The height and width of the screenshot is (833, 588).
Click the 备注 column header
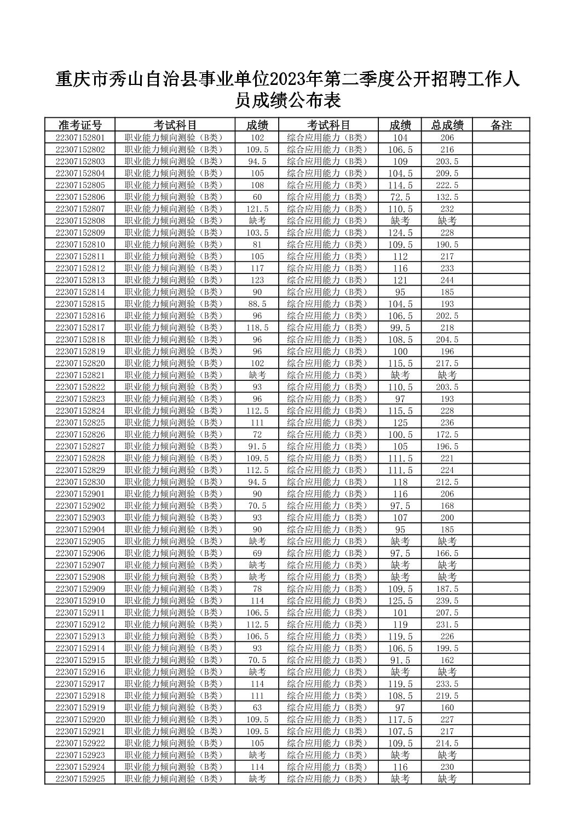pyautogui.click(x=501, y=125)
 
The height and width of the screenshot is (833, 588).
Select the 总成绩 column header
pyautogui.click(x=447, y=125)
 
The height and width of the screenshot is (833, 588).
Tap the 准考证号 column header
pyautogui.click(x=80, y=125)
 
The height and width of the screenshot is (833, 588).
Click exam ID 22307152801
pyautogui.click(x=80, y=138)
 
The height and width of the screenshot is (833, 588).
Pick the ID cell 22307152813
pyautogui.click(x=80, y=280)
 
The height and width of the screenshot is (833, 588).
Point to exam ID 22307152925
pyautogui.click(x=80, y=779)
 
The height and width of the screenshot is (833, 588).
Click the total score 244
pyautogui.click(x=447, y=280)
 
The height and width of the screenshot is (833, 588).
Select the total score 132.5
pyautogui.click(x=447, y=197)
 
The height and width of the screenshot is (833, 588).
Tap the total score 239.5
pyautogui.click(x=447, y=601)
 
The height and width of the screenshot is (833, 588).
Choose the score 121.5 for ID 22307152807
pyautogui.click(x=257, y=209)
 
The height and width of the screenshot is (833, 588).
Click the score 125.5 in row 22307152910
pyautogui.click(x=400, y=601)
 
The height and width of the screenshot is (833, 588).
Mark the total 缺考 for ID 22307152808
pyautogui.click(x=447, y=221)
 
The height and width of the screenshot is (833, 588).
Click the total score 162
pyautogui.click(x=447, y=660)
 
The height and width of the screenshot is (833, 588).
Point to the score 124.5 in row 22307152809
pyautogui.click(x=400, y=232)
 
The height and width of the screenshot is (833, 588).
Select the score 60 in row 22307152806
pyautogui.click(x=257, y=197)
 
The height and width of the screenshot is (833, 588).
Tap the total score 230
pyautogui.click(x=447, y=767)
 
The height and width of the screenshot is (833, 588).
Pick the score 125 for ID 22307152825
pyautogui.click(x=400, y=423)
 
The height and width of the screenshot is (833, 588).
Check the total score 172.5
pyautogui.click(x=447, y=435)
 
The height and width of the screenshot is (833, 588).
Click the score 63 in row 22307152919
pyautogui.click(x=257, y=708)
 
